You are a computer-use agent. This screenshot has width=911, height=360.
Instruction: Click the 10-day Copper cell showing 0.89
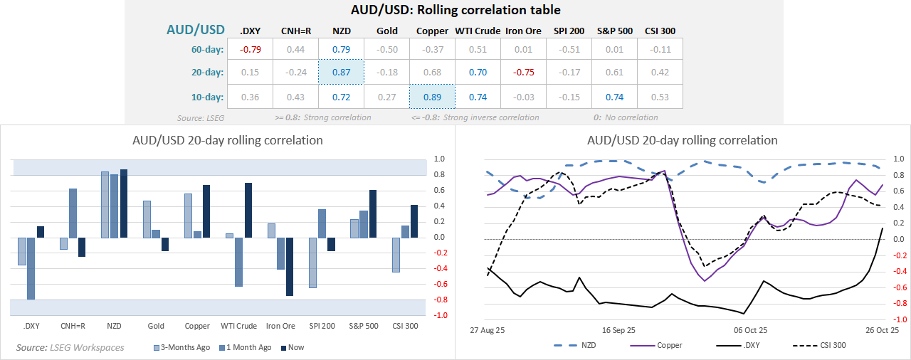pos(432,97)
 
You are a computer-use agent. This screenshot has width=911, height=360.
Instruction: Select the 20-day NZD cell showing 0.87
pos(341,72)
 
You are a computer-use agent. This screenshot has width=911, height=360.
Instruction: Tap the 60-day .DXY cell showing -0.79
pos(249,49)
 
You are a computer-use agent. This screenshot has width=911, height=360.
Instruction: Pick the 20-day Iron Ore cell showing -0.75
pos(523,72)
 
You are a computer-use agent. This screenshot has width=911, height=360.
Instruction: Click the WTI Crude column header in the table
pos(478,31)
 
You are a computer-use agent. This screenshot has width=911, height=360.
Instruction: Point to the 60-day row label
pos(204,49)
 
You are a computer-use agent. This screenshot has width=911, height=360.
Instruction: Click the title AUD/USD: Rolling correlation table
pos(455,10)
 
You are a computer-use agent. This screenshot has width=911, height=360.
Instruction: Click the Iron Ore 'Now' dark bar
pos(290,266)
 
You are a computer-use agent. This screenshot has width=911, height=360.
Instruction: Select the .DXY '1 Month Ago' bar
pos(31,268)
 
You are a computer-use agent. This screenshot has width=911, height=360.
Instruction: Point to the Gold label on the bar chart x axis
pos(156,326)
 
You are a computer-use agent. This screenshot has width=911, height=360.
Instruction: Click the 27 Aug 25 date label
pos(488,330)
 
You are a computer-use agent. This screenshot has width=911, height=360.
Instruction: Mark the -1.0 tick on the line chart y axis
pos(899,319)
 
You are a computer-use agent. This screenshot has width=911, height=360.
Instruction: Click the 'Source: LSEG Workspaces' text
pos(70,347)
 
